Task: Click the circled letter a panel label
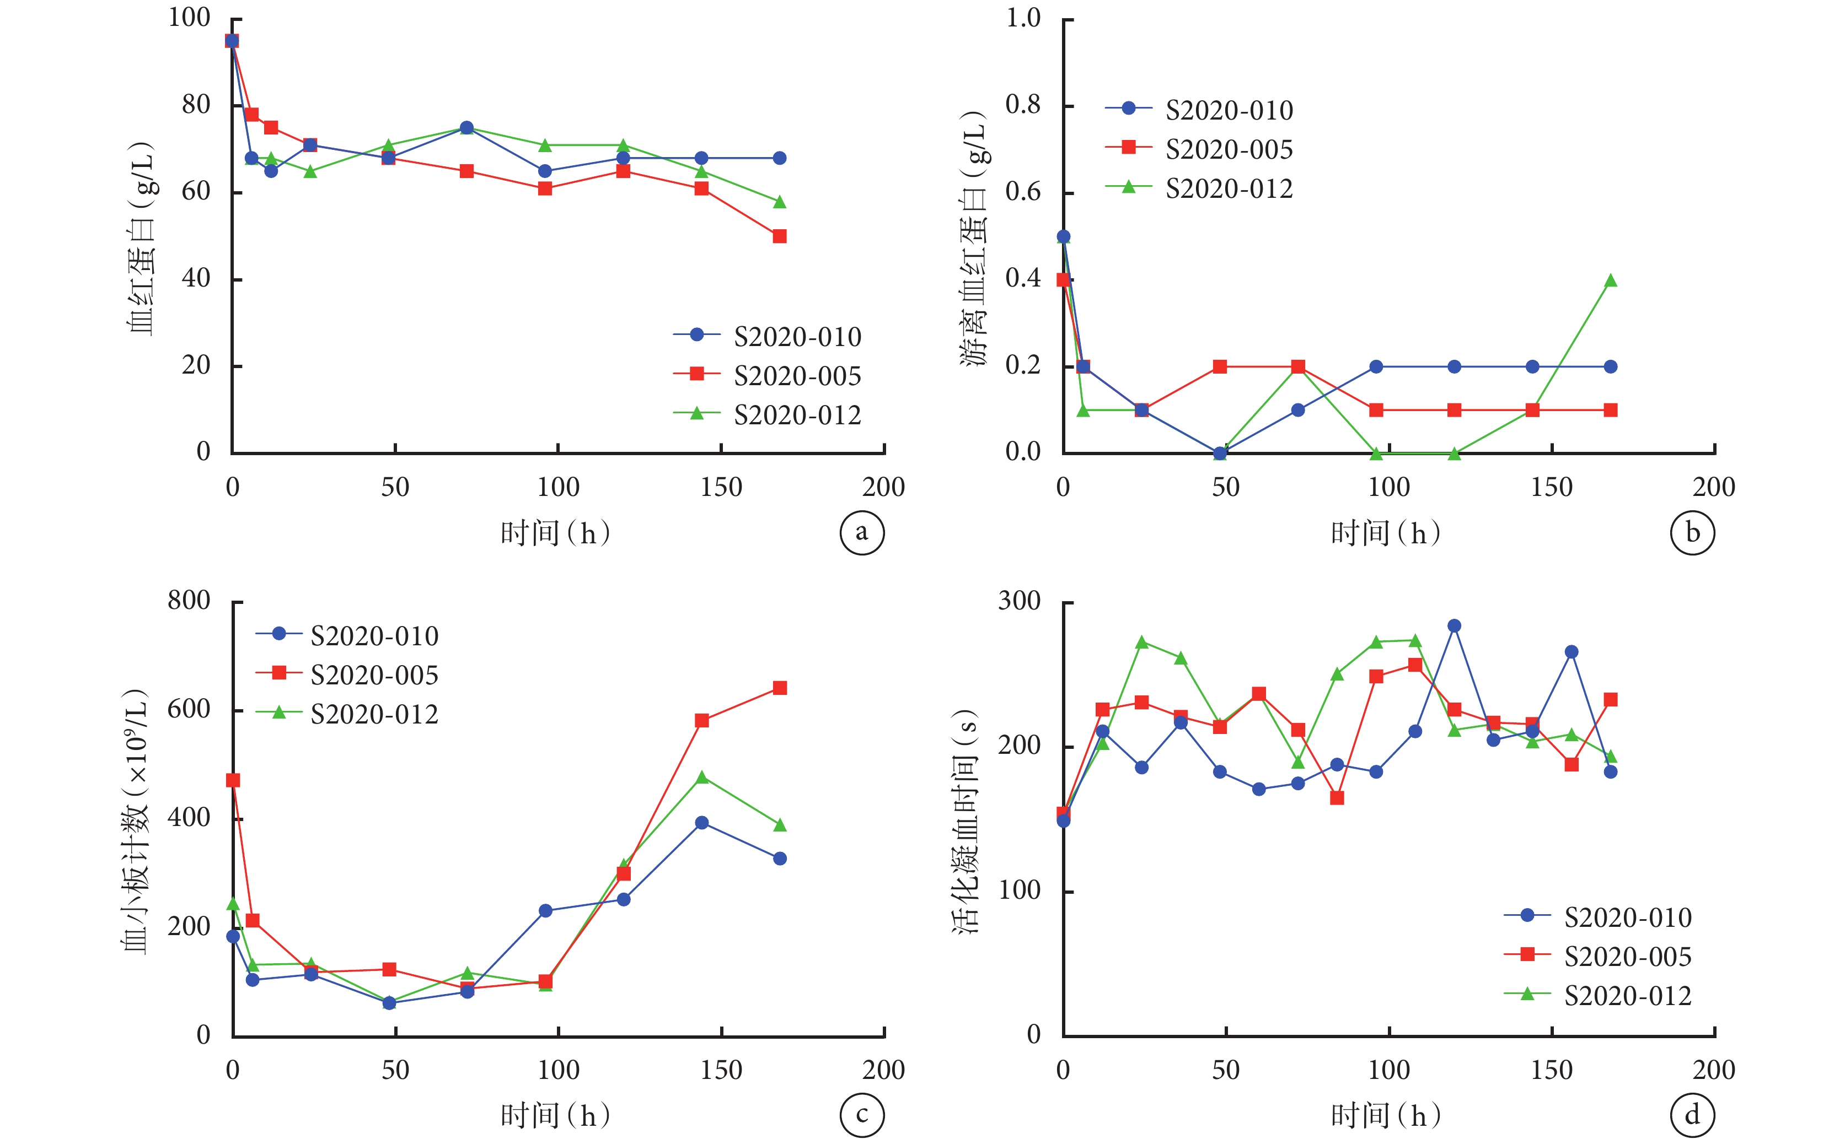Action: click(x=861, y=533)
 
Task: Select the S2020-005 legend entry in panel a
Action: click(x=767, y=375)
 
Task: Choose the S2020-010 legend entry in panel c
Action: click(x=347, y=635)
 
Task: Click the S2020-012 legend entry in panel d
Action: click(x=1598, y=995)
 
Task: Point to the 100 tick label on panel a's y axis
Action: click(x=189, y=17)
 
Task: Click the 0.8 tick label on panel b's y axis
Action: click(x=1023, y=105)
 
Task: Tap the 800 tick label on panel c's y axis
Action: click(x=189, y=601)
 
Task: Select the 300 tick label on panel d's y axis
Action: click(x=1020, y=601)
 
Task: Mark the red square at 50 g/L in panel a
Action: click(x=779, y=236)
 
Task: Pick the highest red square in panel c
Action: click(x=779, y=688)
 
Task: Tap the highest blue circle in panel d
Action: click(x=1454, y=626)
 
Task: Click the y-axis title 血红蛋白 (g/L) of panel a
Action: click(x=141, y=238)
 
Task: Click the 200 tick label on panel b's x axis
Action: click(x=1714, y=487)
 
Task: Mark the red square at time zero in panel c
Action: click(x=233, y=780)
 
